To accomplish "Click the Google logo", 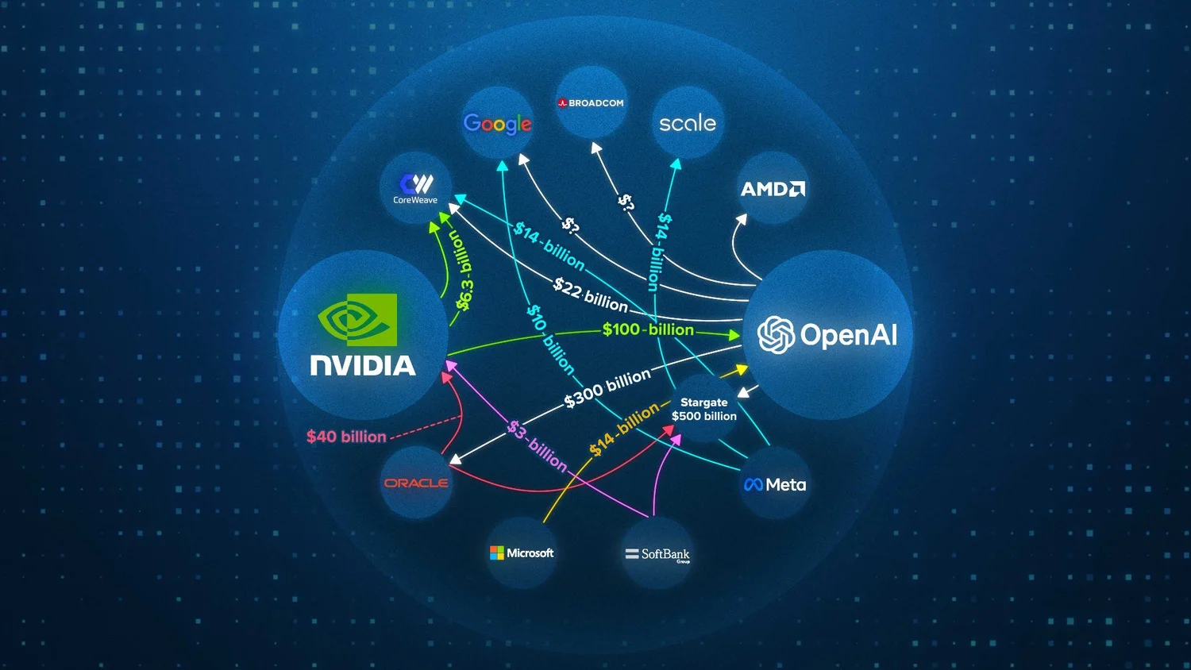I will [497, 124].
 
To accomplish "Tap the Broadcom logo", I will [591, 103].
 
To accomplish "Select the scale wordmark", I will [688, 123].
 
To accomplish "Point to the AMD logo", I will [773, 189].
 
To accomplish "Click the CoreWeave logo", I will [415, 188].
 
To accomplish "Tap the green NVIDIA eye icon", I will [358, 320].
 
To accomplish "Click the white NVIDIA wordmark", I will [363, 366].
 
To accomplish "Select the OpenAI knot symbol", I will [776, 335].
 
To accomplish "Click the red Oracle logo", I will [416, 483].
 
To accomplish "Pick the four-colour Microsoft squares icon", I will [497, 553].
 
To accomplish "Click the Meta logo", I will [775, 485].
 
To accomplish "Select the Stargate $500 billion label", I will [704, 410].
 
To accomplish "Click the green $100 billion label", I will [648, 329].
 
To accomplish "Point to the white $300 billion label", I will [607, 388].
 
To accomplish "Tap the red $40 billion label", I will [346, 437].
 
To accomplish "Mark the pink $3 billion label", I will [538, 445].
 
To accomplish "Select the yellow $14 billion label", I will [624, 429].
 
